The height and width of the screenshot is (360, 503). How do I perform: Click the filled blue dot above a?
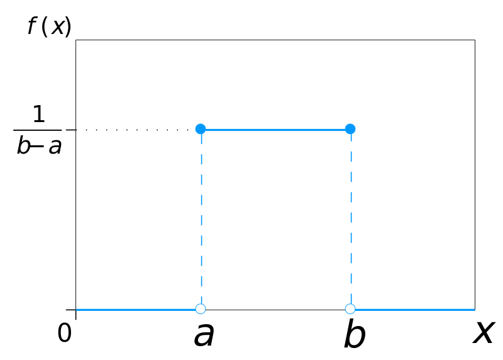201,129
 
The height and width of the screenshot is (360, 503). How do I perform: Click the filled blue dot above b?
350,129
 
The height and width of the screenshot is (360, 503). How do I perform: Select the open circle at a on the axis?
201,309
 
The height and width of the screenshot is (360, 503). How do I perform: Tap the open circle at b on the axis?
350,309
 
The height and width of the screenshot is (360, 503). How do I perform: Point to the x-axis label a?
204,334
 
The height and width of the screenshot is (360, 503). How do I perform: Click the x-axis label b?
355,333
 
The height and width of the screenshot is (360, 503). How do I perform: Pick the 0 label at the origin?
65,332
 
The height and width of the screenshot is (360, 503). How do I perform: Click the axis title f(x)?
49,26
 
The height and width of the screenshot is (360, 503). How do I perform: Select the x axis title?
483,332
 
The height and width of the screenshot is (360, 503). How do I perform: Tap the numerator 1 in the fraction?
39,114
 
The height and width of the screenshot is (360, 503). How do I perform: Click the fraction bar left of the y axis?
37,130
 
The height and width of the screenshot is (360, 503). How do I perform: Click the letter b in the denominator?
23,145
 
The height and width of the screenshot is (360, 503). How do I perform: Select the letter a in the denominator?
55,147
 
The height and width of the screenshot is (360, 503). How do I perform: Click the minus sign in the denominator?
36,147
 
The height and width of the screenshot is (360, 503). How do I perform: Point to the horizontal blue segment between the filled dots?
275,130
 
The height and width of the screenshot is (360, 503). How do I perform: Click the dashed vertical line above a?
201,218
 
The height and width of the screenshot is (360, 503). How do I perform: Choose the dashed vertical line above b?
351,218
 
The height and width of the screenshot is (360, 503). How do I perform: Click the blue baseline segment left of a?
136,310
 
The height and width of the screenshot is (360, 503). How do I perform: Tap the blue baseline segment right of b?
415,310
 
